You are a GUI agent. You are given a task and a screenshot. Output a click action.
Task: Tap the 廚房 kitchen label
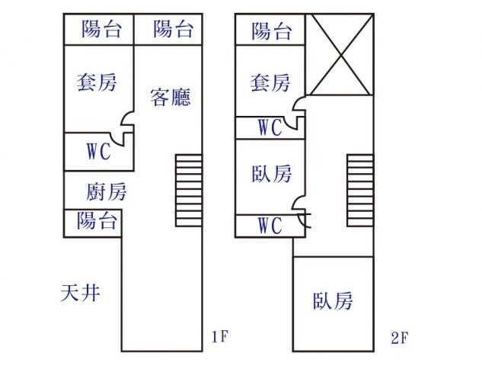(x=106, y=191)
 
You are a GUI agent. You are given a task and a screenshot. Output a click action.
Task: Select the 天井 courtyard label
(x=81, y=292)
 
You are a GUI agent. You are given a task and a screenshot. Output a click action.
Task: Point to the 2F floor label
(x=401, y=336)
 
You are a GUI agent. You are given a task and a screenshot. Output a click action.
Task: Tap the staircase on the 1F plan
(x=188, y=190)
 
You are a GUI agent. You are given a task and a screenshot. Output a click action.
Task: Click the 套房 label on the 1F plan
(x=97, y=82)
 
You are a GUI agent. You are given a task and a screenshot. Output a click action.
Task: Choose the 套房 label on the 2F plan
(x=270, y=82)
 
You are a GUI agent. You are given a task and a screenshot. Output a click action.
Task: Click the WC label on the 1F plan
(x=98, y=151)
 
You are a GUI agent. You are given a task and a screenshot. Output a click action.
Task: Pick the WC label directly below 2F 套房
(x=270, y=127)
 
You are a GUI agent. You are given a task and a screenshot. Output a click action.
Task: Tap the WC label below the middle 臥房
(x=270, y=226)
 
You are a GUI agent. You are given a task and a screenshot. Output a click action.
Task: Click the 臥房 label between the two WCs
(x=271, y=175)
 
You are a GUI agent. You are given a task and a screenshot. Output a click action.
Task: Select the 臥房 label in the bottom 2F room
(x=333, y=300)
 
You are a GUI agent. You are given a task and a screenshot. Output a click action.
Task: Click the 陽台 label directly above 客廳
(x=173, y=30)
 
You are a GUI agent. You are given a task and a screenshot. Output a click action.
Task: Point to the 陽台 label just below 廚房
(x=97, y=221)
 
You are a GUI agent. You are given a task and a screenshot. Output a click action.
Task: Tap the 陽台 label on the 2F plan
(x=271, y=31)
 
